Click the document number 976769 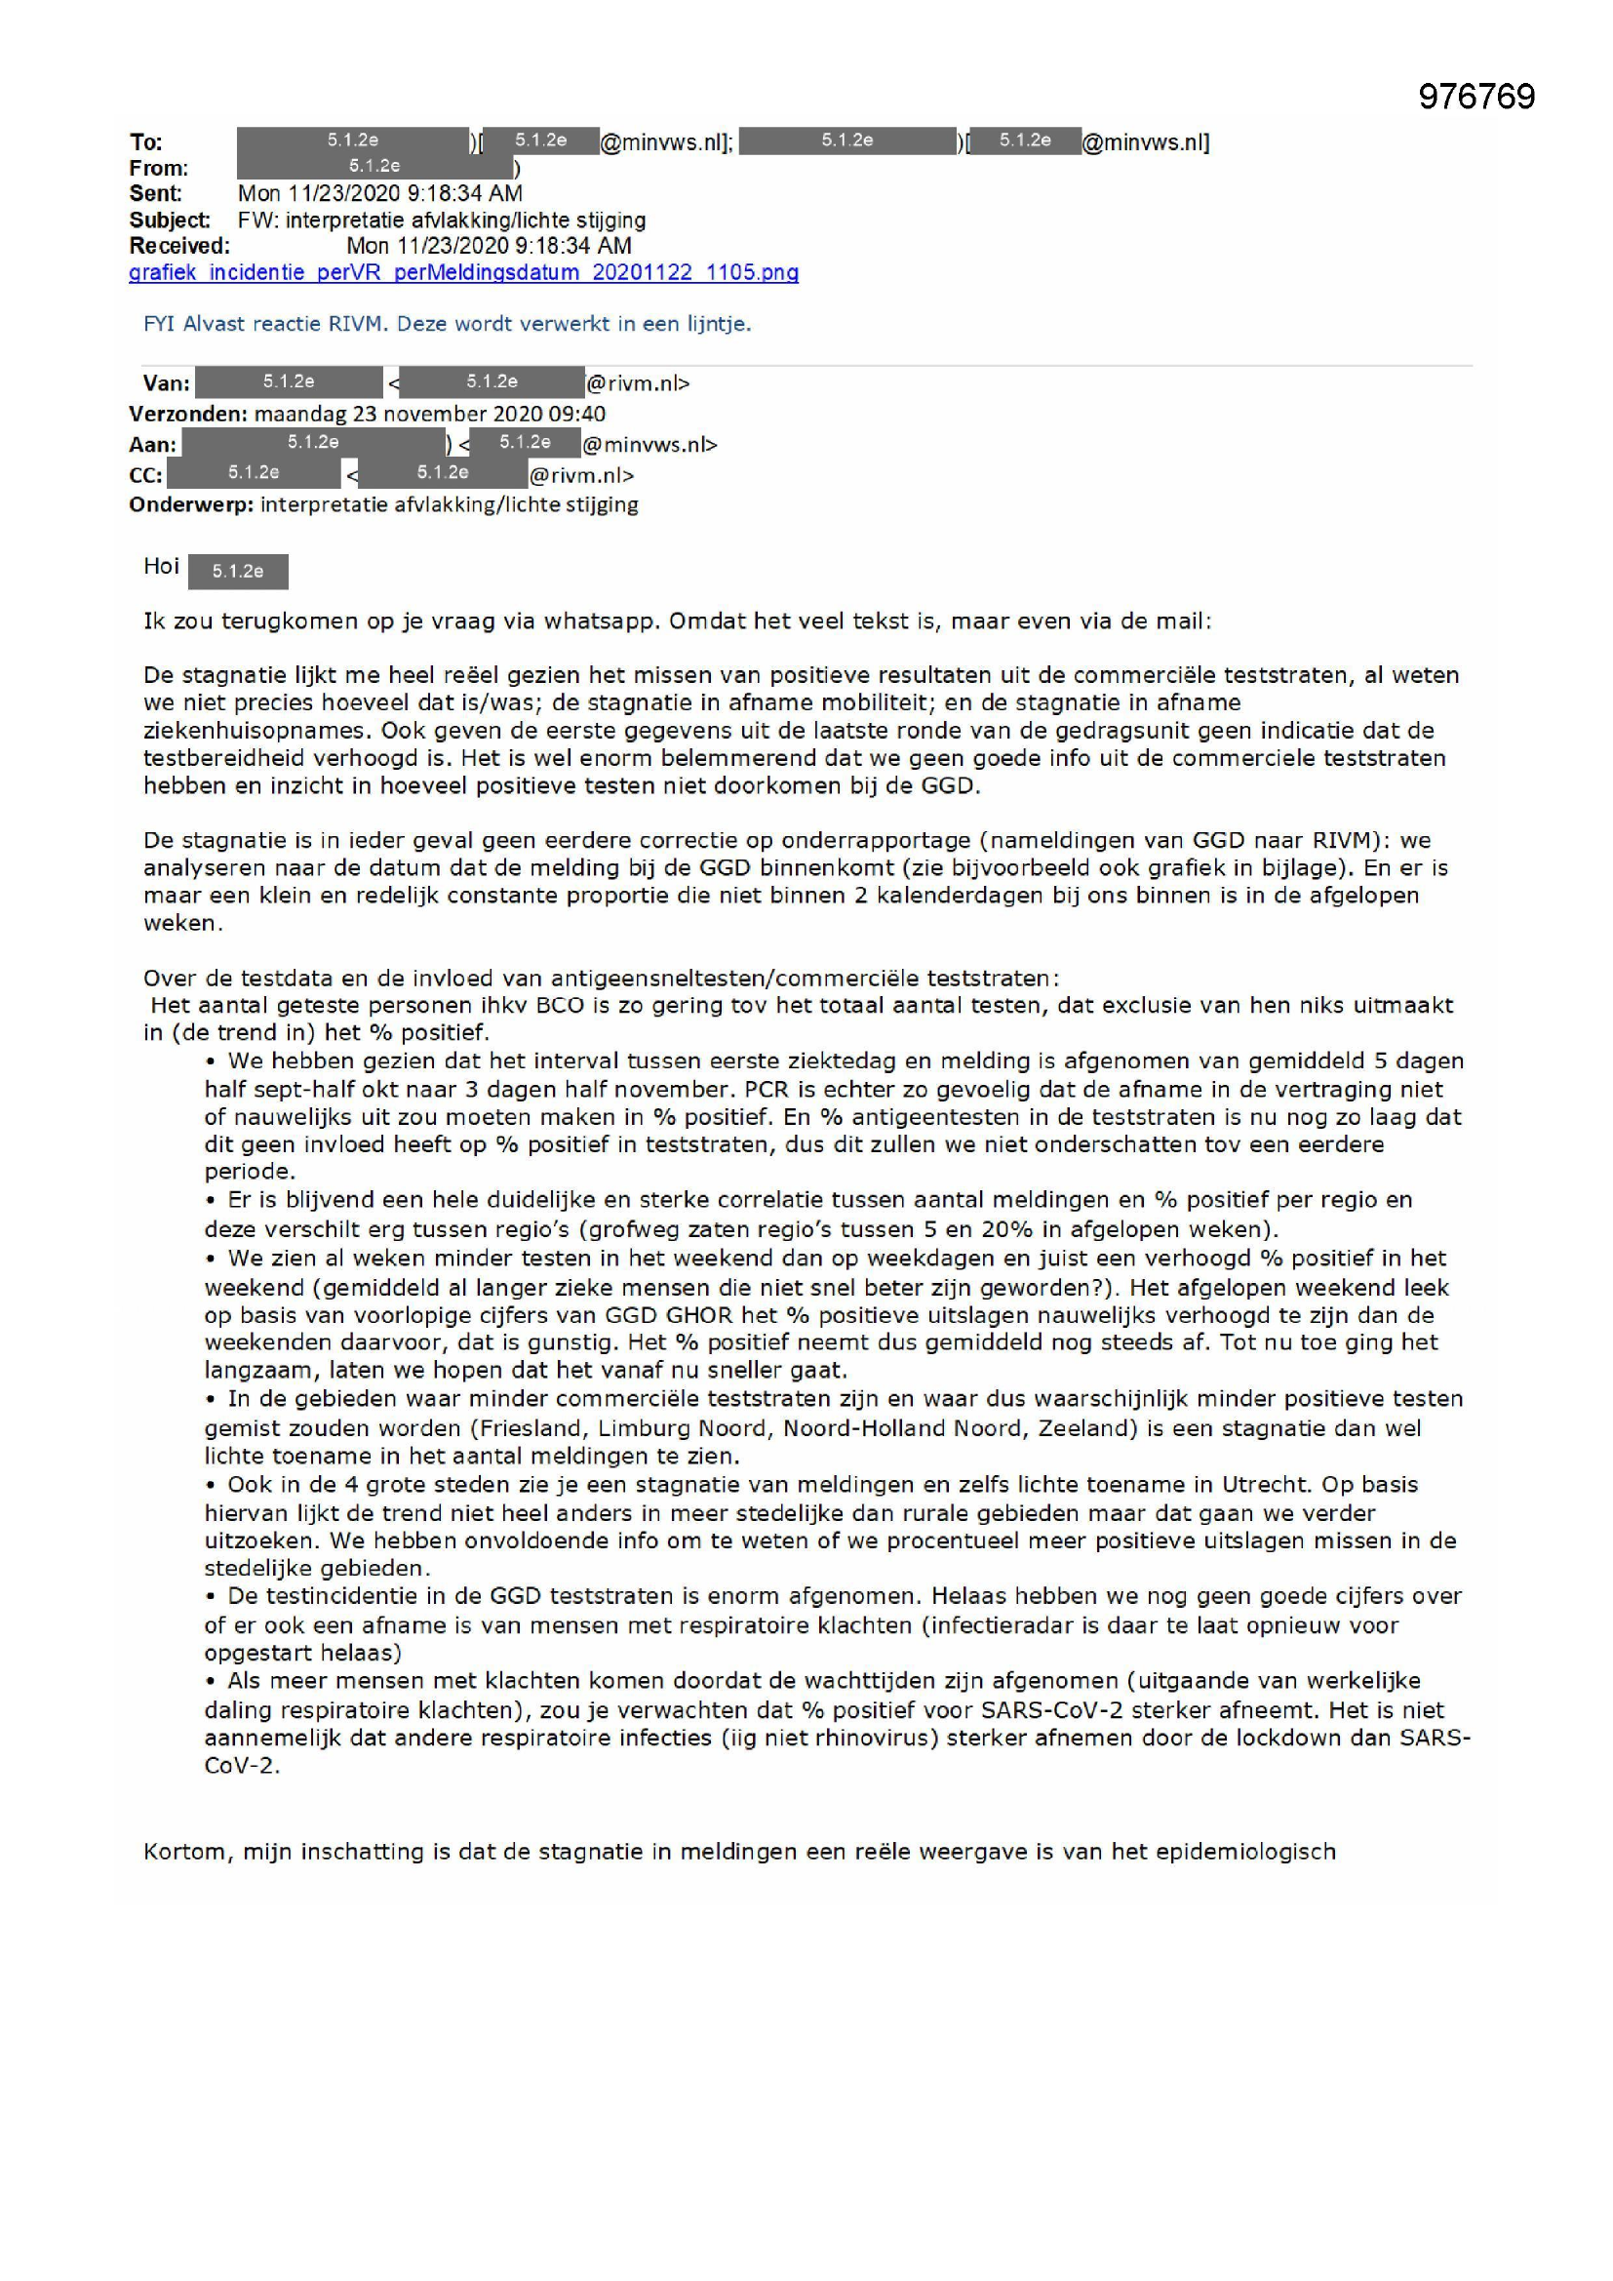click(1475, 97)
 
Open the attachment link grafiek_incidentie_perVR click(463, 272)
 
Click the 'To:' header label click(146, 142)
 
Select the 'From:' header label click(158, 168)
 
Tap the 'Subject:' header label click(169, 220)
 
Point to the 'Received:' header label click(178, 246)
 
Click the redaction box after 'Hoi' click(237, 572)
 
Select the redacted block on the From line click(374, 167)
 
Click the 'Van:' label click(166, 383)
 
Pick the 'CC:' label click(145, 475)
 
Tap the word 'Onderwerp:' click(191, 504)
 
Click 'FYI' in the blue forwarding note click(159, 324)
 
